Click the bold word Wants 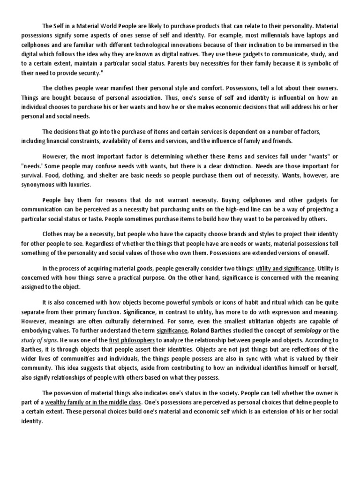[x=290, y=175]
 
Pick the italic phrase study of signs [x=39, y=340]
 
